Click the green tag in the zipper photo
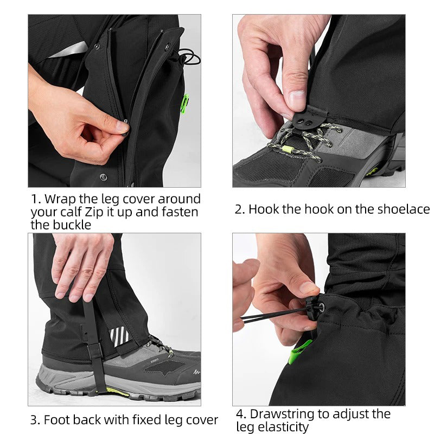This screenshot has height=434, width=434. (184, 103)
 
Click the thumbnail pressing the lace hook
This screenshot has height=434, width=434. (297, 100)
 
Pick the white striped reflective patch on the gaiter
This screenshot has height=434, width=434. (120, 336)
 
